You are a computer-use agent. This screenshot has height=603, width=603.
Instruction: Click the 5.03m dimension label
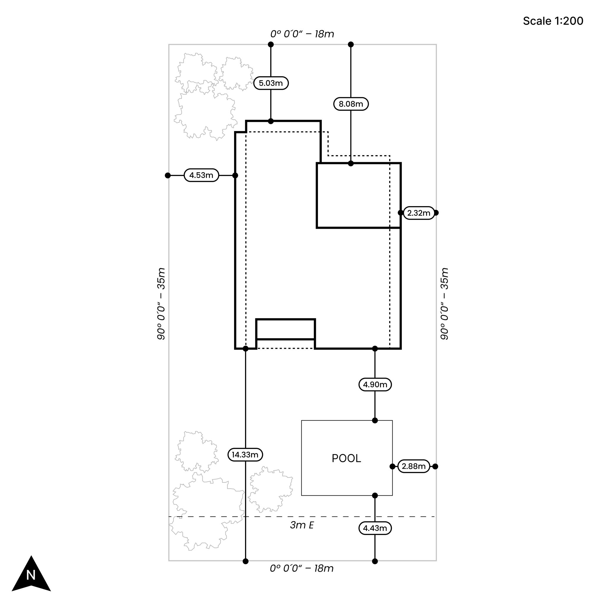[271, 83]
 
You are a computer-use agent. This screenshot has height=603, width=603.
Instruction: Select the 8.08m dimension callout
[351, 104]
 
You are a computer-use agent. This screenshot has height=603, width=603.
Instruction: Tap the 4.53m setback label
[201, 175]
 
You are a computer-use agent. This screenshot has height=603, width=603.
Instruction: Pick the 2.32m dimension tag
[419, 213]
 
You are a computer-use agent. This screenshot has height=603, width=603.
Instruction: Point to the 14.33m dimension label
[245, 454]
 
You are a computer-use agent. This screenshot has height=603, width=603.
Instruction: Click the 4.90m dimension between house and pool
[375, 384]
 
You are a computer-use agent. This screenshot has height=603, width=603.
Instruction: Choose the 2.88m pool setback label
[414, 466]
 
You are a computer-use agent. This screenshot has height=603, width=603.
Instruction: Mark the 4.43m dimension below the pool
[375, 528]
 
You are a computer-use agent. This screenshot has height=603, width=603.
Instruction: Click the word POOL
[346, 458]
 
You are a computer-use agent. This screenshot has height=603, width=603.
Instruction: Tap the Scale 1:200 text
[553, 21]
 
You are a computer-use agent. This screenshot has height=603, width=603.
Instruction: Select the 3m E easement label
[301, 525]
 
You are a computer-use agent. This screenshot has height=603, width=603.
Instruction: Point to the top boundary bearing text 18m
[302, 34]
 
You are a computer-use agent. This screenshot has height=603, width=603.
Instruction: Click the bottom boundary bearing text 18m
[301, 568]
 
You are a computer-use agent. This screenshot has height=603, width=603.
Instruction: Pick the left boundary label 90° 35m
[161, 303]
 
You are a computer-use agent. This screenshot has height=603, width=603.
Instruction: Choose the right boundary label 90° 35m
[444, 303]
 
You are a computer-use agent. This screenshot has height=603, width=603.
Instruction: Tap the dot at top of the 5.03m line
[271, 44]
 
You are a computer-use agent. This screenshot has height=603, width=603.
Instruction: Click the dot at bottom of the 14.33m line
[245, 561]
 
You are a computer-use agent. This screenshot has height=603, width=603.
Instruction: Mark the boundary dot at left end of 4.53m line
[168, 175]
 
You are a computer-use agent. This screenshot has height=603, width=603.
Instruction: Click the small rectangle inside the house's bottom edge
[285, 329]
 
